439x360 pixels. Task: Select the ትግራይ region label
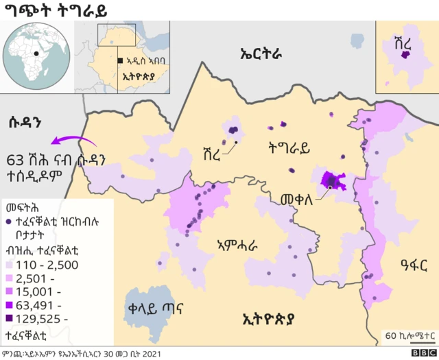coord(289,147)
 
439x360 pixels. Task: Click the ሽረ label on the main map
coord(212,152)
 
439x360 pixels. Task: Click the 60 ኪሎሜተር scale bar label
coord(409,335)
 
